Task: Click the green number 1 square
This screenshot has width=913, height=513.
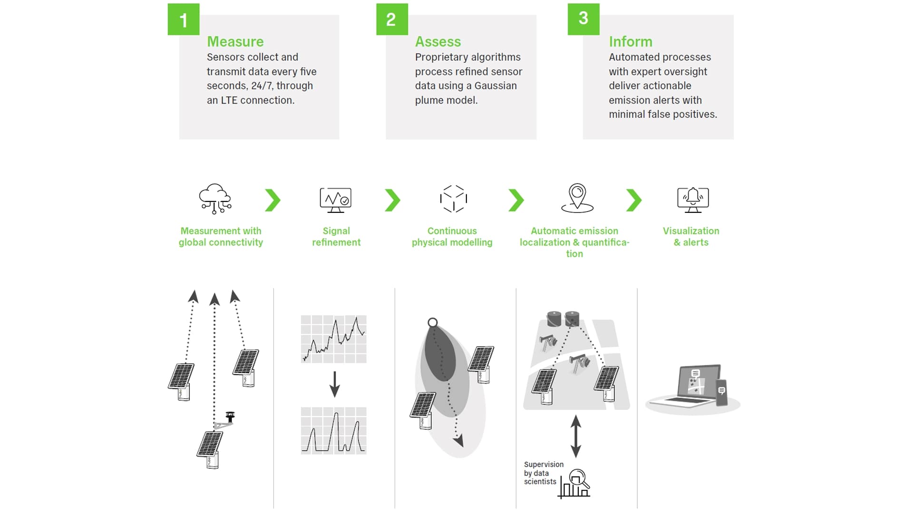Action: pos(184,19)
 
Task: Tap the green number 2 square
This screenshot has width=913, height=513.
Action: pos(392,19)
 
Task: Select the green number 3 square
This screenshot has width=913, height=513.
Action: pos(583,19)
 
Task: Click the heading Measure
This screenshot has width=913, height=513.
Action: pos(235,42)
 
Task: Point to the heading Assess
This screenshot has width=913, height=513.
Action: pos(438,42)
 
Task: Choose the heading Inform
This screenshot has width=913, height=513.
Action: pos(631,42)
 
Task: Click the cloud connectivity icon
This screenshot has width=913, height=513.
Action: pos(215,199)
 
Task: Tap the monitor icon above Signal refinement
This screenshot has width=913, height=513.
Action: pos(336,200)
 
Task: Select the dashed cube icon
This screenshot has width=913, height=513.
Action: pos(453,199)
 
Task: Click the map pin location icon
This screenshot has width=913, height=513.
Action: pos(577,198)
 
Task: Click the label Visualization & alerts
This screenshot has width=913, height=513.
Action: pos(691,237)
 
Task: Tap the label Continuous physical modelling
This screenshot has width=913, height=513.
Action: pos(452,237)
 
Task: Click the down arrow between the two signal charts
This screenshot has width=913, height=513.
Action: pos(335,384)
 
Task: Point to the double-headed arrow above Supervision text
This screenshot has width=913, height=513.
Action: pos(576,436)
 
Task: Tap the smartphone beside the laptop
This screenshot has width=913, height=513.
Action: pos(721,392)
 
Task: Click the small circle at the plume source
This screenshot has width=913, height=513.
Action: pos(433,323)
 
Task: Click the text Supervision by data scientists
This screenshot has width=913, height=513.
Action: pos(544,473)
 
